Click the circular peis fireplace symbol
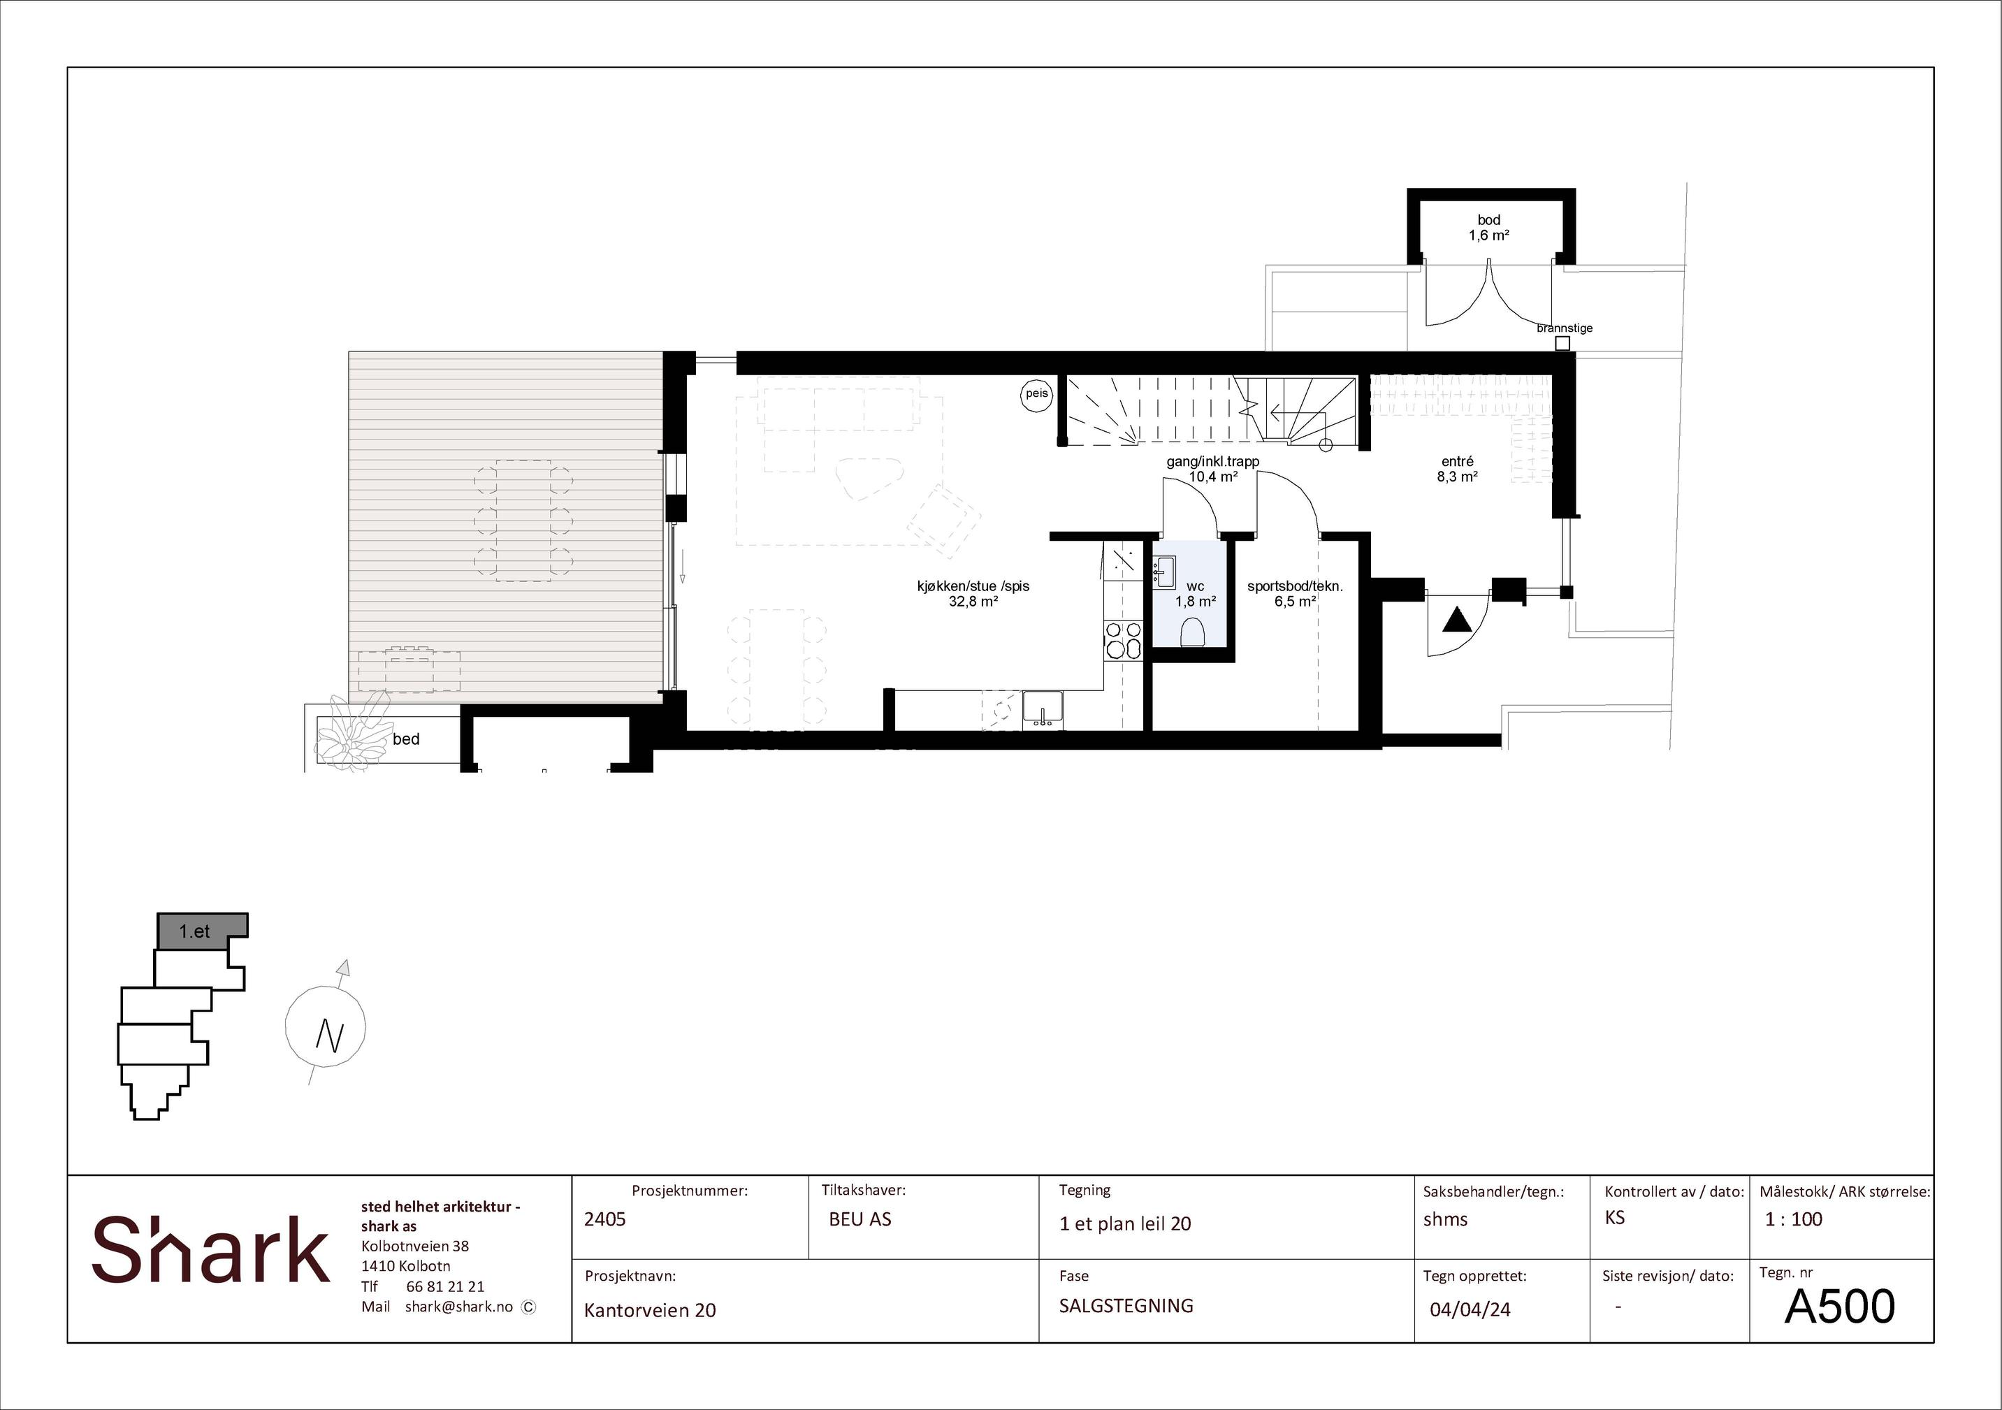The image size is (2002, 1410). (1037, 394)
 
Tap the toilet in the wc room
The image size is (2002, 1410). (1192, 632)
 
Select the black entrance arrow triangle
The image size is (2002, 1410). (1457, 620)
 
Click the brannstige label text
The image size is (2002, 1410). (1565, 328)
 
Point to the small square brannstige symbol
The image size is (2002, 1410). (1562, 344)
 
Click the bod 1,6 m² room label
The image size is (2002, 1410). (1488, 228)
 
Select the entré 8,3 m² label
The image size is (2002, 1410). (1457, 469)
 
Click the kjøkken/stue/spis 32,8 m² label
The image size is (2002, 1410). (973, 593)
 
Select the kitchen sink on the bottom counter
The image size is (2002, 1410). (1043, 708)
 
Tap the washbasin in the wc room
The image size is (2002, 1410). (1164, 571)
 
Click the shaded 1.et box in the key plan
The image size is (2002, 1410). (202, 931)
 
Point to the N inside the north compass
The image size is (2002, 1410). (330, 1035)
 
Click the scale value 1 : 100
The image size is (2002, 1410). (1794, 1219)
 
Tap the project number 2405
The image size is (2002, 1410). (605, 1219)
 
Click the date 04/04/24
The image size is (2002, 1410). (1470, 1309)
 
